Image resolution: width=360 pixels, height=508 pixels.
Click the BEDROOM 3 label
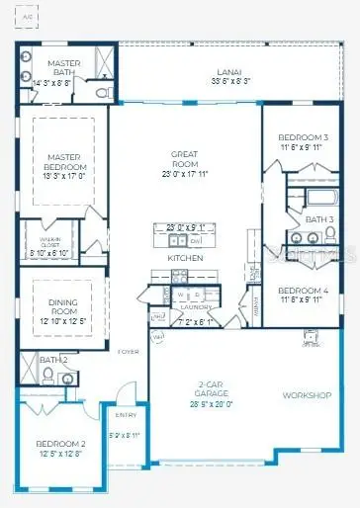coord(303,136)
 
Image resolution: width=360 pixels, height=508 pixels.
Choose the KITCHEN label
coord(185,257)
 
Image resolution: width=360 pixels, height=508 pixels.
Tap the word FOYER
coord(129,352)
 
